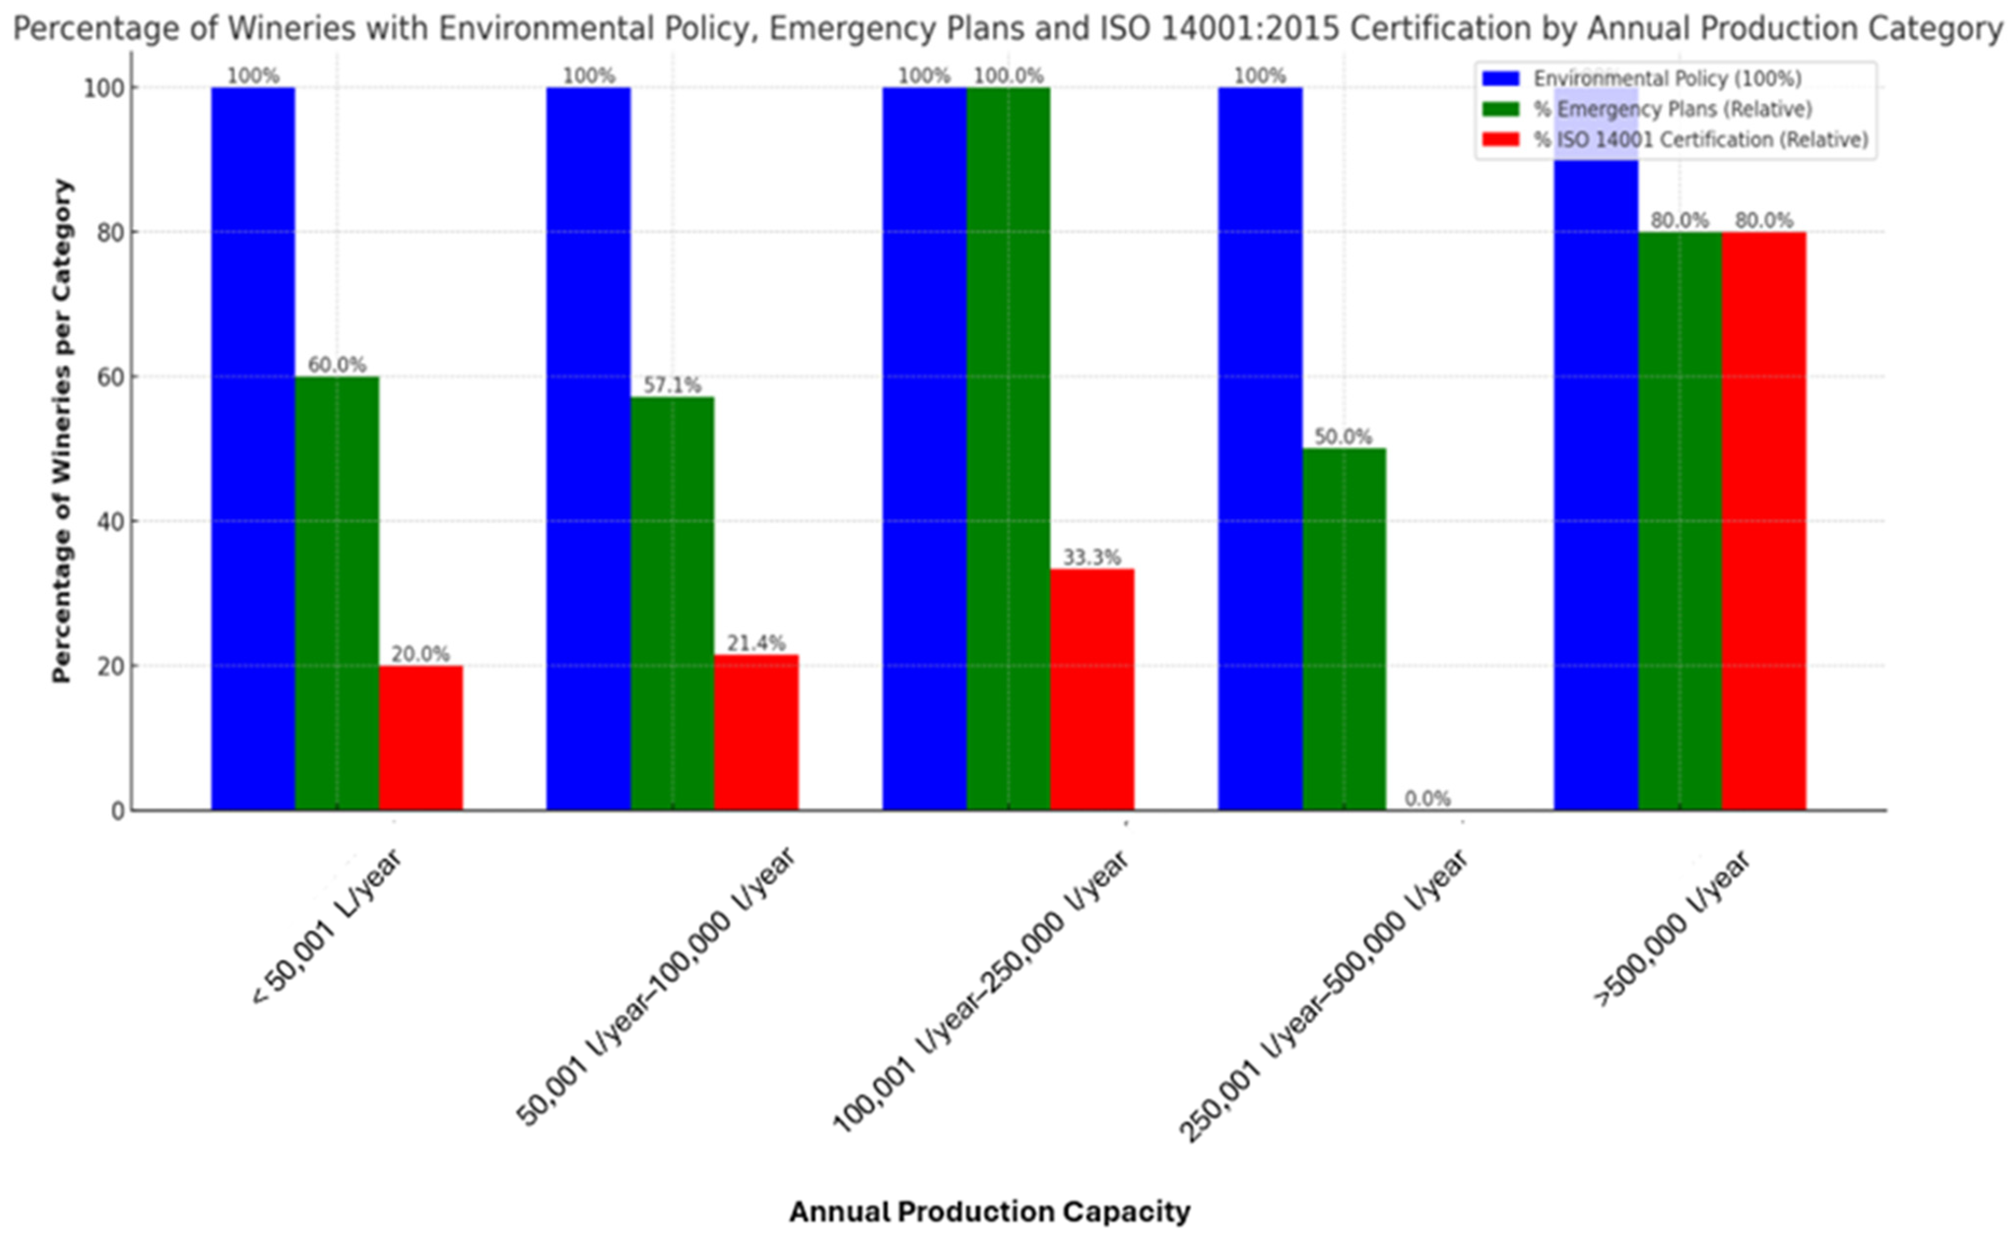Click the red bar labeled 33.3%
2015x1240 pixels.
1092,689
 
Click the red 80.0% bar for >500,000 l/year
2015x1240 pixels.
1764,521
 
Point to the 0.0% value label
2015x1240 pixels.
1427,798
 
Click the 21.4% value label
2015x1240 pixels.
756,643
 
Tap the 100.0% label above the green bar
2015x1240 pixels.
1008,75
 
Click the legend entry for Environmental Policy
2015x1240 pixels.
1665,79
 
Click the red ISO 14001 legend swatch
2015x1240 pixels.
1501,139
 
